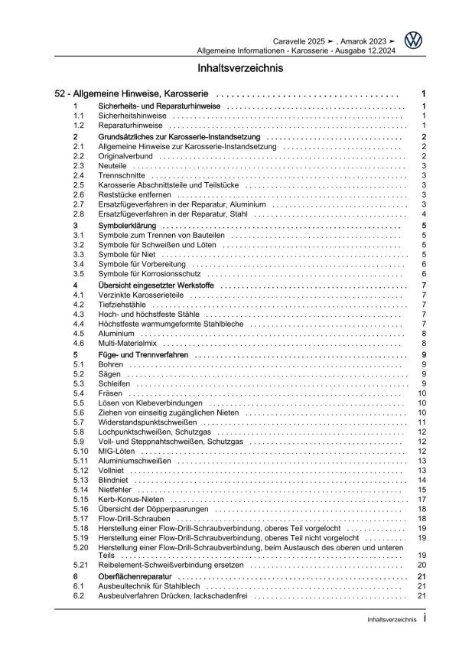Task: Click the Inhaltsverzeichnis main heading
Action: coord(229,68)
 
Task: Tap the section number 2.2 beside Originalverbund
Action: coord(78,155)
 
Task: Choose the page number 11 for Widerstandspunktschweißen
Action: coord(422,422)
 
